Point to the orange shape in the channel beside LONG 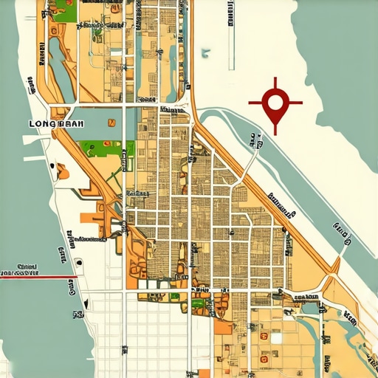click(62, 171)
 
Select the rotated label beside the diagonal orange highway click(281, 206)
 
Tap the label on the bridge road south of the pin click(254, 140)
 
